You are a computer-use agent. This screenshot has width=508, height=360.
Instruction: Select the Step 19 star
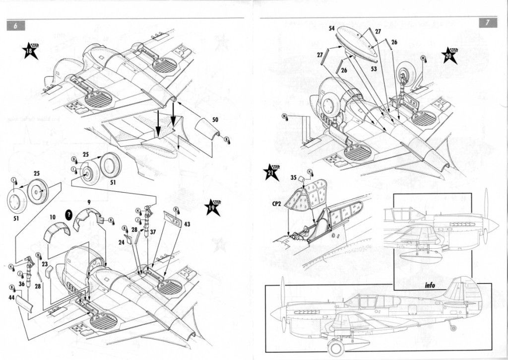click(212, 207)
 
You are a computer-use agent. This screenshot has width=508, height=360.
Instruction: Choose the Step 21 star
click(272, 172)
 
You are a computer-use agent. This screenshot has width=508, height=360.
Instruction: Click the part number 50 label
click(215, 120)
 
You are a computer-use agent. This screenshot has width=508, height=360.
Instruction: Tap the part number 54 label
click(331, 28)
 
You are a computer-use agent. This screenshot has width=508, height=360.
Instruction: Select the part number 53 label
click(374, 68)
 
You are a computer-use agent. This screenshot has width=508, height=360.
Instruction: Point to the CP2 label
click(276, 203)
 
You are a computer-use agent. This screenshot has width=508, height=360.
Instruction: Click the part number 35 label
click(294, 177)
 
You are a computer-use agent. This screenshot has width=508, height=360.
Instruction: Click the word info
click(430, 285)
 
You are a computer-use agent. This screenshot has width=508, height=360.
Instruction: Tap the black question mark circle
click(69, 214)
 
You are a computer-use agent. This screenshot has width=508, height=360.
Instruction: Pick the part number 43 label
click(187, 224)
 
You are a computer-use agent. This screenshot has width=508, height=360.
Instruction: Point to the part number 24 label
click(121, 243)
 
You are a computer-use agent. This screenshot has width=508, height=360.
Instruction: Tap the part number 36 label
click(21, 284)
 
